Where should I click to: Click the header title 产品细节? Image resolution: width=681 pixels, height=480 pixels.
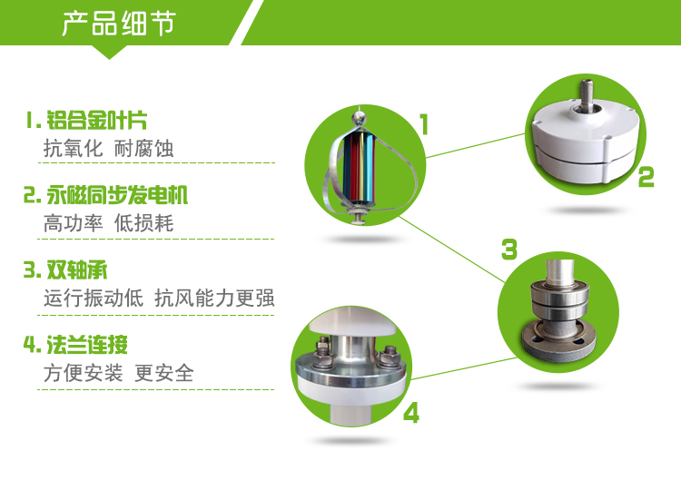point(119,24)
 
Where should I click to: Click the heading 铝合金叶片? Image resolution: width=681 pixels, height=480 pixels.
point(97,120)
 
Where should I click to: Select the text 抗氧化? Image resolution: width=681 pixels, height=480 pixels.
point(73,149)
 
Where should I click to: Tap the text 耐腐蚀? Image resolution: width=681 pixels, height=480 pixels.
point(143,149)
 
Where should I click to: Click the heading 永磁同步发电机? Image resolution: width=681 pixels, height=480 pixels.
point(117,195)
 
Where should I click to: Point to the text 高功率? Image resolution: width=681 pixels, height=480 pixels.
point(73,223)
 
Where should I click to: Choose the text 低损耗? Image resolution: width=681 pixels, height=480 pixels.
point(143,223)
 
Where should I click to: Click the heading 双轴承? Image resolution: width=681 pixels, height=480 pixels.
point(77,269)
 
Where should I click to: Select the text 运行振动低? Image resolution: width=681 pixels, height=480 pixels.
point(94,299)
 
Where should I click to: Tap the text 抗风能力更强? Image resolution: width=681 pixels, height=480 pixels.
point(214,299)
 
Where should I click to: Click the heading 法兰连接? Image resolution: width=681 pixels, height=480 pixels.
point(87,345)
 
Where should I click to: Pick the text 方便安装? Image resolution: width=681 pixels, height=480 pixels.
point(83,373)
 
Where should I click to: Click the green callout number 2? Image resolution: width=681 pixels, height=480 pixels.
point(646,177)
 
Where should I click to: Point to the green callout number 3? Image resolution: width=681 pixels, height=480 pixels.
point(509,250)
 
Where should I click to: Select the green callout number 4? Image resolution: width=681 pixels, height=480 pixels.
point(410,413)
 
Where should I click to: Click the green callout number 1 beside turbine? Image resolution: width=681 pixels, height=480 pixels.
point(424,124)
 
